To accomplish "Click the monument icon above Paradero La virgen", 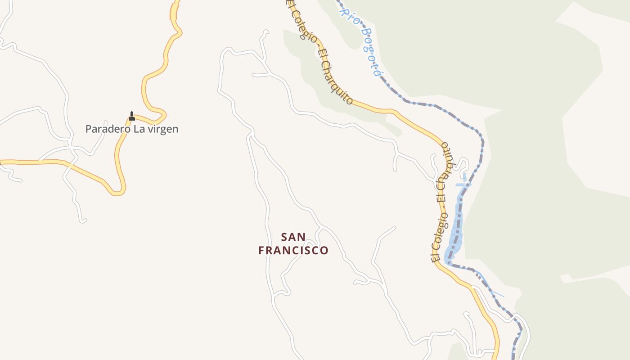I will tap(132, 116).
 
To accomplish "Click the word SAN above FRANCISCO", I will tap(293, 237).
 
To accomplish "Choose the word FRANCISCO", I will tap(293, 251).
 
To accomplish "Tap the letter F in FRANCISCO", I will tap(261, 251).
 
